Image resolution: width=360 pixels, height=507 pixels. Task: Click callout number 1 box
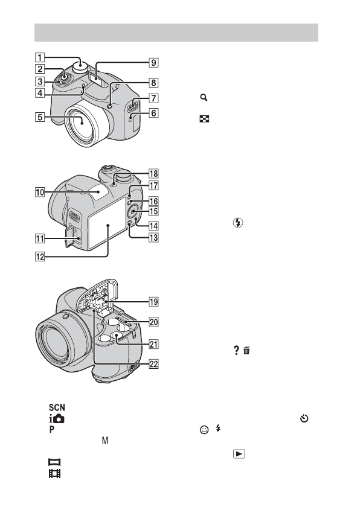pyautogui.click(x=40, y=57)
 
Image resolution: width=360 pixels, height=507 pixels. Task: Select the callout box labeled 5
pyautogui.click(x=40, y=116)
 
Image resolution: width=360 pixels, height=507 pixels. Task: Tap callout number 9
pyautogui.click(x=153, y=62)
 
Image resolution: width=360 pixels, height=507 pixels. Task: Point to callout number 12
pyautogui.click(x=40, y=257)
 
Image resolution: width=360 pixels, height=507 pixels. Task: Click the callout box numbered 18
pyautogui.click(x=153, y=174)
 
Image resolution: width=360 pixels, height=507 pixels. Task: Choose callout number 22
pyautogui.click(x=153, y=364)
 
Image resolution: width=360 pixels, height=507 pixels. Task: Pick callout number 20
pyautogui.click(x=153, y=322)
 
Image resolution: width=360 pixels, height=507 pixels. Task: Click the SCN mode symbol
pyautogui.click(x=57, y=407)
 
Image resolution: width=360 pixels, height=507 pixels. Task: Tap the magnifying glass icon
pyautogui.click(x=204, y=97)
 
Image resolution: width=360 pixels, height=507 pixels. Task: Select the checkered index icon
pyautogui.click(x=204, y=119)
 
